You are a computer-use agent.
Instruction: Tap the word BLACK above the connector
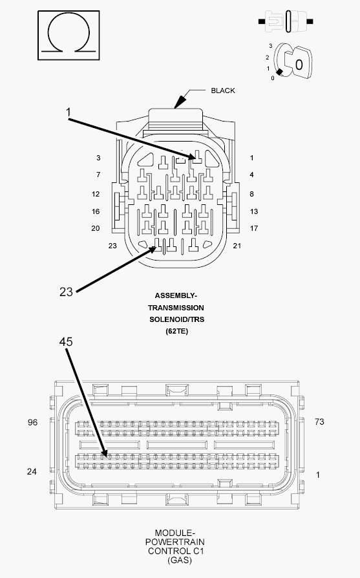click(222, 91)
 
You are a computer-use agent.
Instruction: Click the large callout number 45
click(66, 342)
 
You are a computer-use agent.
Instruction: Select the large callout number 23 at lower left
click(66, 292)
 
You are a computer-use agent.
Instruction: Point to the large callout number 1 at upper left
click(68, 112)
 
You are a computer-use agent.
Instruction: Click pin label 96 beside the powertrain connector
click(32, 422)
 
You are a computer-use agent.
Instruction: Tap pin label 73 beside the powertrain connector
click(319, 422)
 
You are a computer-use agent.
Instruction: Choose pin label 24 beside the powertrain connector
click(32, 471)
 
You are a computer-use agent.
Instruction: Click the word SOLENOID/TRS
click(176, 319)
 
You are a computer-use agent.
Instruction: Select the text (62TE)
click(177, 331)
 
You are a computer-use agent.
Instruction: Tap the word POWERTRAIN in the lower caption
click(175, 542)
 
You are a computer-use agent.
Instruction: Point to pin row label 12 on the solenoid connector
click(96, 194)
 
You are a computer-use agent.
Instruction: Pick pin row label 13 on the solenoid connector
click(254, 211)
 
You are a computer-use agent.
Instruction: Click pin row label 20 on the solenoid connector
click(96, 228)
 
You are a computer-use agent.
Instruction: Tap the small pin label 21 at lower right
click(237, 246)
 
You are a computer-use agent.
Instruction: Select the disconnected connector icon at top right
click(286, 21)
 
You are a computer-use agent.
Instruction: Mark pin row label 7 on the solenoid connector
click(98, 175)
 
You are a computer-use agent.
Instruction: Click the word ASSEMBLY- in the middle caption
click(176, 295)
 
